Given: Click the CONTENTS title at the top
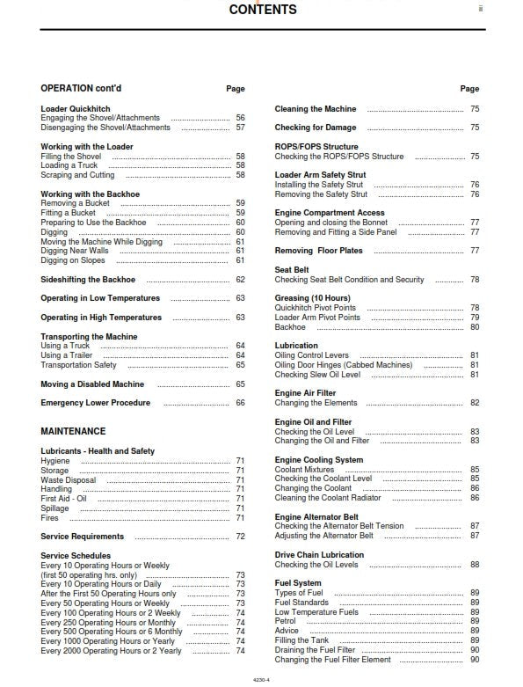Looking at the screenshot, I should click(263, 11).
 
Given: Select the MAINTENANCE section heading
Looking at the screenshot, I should click(73, 431).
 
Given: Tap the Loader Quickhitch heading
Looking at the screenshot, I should click(76, 108).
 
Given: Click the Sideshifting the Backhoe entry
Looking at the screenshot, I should click(88, 280).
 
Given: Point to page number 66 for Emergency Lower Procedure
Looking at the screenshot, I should click(240, 403).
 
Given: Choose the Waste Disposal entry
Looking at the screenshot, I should click(69, 480).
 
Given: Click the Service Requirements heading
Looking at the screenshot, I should click(82, 537).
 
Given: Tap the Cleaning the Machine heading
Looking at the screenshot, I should click(316, 109).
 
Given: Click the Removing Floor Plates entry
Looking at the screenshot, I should click(318, 251).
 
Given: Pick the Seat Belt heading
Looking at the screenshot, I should click(292, 270).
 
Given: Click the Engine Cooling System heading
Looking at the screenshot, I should click(318, 460).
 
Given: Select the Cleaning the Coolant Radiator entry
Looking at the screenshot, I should click(328, 498).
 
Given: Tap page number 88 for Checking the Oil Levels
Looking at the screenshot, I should click(475, 565).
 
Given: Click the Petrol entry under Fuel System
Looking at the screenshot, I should click(287, 621).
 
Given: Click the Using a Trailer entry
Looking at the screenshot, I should click(68, 355).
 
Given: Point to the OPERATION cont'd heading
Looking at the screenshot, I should click(84, 88).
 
